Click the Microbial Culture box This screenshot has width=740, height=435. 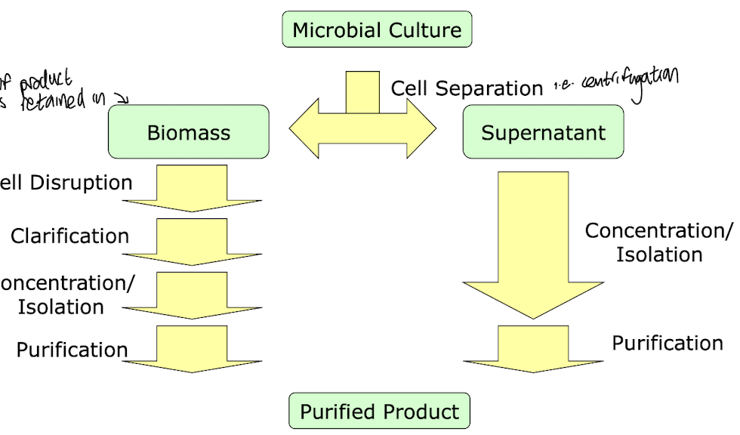pyautogui.click(x=377, y=30)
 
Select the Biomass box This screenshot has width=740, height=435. pyautogui.click(x=189, y=133)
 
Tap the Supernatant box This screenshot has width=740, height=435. pyautogui.click(x=543, y=133)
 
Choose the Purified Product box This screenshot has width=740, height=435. pyautogui.click(x=379, y=412)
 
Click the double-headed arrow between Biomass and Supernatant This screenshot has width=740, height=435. pyautogui.click(x=363, y=125)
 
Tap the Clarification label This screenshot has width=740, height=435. pyautogui.click(x=70, y=236)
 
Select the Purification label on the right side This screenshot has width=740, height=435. pyautogui.click(x=668, y=343)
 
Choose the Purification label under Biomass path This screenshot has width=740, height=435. pyautogui.click(x=72, y=350)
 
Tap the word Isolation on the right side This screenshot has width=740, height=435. pyautogui.click(x=659, y=255)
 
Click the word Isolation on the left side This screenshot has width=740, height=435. pyautogui.click(x=61, y=307)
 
